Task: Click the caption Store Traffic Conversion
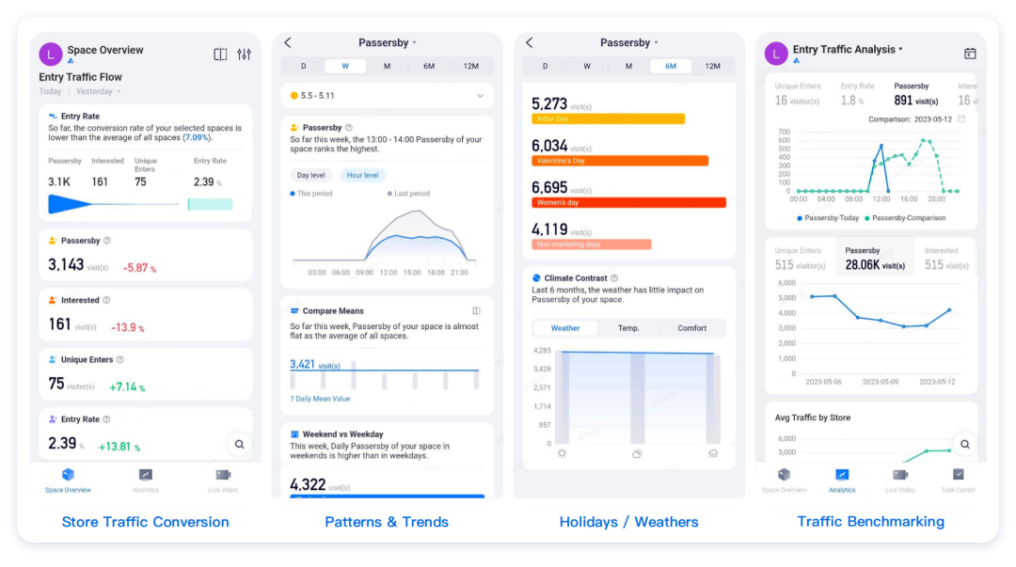click(145, 522)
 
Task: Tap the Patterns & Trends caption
click(387, 522)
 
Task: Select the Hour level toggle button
click(362, 175)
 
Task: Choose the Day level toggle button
click(310, 175)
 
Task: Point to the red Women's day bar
click(628, 202)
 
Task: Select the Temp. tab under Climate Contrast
click(628, 328)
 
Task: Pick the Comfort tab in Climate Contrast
click(691, 328)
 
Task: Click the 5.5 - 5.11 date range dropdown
click(387, 96)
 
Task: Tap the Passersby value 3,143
click(66, 265)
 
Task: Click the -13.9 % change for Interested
click(127, 327)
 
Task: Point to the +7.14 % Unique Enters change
click(127, 386)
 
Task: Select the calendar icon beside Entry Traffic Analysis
click(970, 54)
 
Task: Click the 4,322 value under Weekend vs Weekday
click(308, 484)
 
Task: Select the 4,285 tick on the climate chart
click(541, 351)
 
